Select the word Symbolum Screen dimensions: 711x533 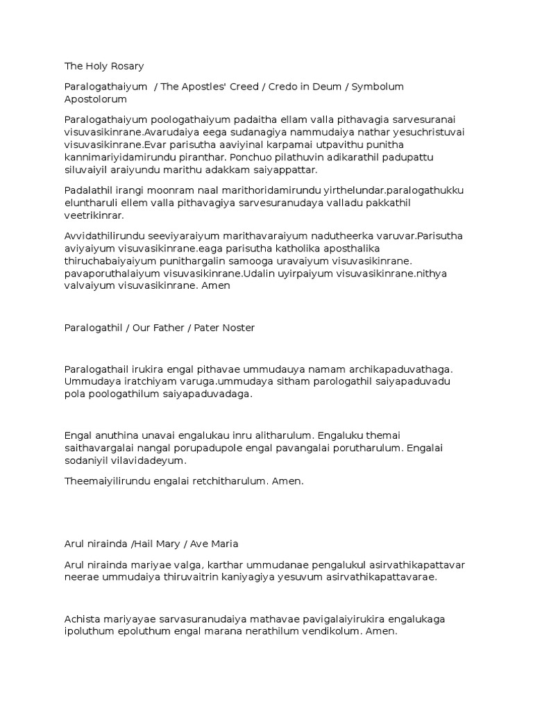tap(378, 87)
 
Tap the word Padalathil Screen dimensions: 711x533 tap(88, 190)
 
